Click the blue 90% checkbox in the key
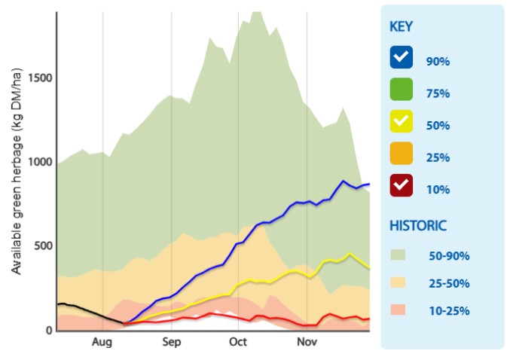[x=401, y=57]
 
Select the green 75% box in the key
[x=401, y=89]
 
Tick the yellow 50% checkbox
[x=401, y=121]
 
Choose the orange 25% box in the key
[x=401, y=153]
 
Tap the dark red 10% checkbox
[x=401, y=185]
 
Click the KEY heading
[x=401, y=26]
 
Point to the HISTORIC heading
[x=418, y=226]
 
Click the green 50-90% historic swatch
[x=398, y=255]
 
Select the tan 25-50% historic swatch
[x=398, y=282]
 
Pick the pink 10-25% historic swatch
[x=398, y=310]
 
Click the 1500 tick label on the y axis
[x=40, y=78]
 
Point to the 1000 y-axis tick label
[x=40, y=161]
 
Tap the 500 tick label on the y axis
[x=43, y=246]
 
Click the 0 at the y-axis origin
[x=49, y=330]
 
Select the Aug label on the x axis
[x=102, y=343]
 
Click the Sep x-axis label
[x=172, y=343]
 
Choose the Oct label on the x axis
[x=238, y=342]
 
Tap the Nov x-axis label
[x=307, y=342]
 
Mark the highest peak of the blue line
[x=344, y=181]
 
